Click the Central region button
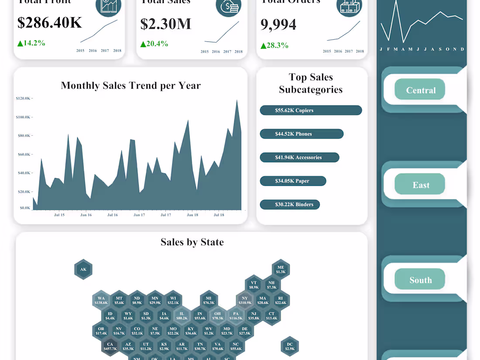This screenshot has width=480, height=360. tap(420, 90)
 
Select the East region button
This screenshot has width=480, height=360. tap(420, 185)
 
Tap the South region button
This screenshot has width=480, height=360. tap(420, 280)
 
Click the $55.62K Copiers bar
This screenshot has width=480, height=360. tap(311, 110)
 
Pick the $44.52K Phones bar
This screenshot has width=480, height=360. tap(302, 134)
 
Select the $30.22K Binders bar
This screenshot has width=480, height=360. tap(290, 204)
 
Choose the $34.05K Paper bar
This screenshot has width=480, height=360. tap(293, 181)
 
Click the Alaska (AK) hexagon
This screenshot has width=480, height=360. tap(83, 269)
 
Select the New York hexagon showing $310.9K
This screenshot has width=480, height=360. tap(245, 300)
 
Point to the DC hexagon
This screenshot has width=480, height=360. tap(290, 346)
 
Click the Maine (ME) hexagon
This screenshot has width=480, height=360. tap(281, 269)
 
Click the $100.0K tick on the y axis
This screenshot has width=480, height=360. tap(23, 117)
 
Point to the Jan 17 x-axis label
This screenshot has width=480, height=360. tap(139, 215)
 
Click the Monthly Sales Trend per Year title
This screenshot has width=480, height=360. tap(130, 85)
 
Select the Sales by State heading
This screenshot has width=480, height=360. tap(192, 242)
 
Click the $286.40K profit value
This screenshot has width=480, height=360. tap(49, 23)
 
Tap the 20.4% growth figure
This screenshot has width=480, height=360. tap(154, 44)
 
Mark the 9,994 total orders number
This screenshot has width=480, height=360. tap(278, 24)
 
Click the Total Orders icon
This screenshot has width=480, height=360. tap(349, 6)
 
